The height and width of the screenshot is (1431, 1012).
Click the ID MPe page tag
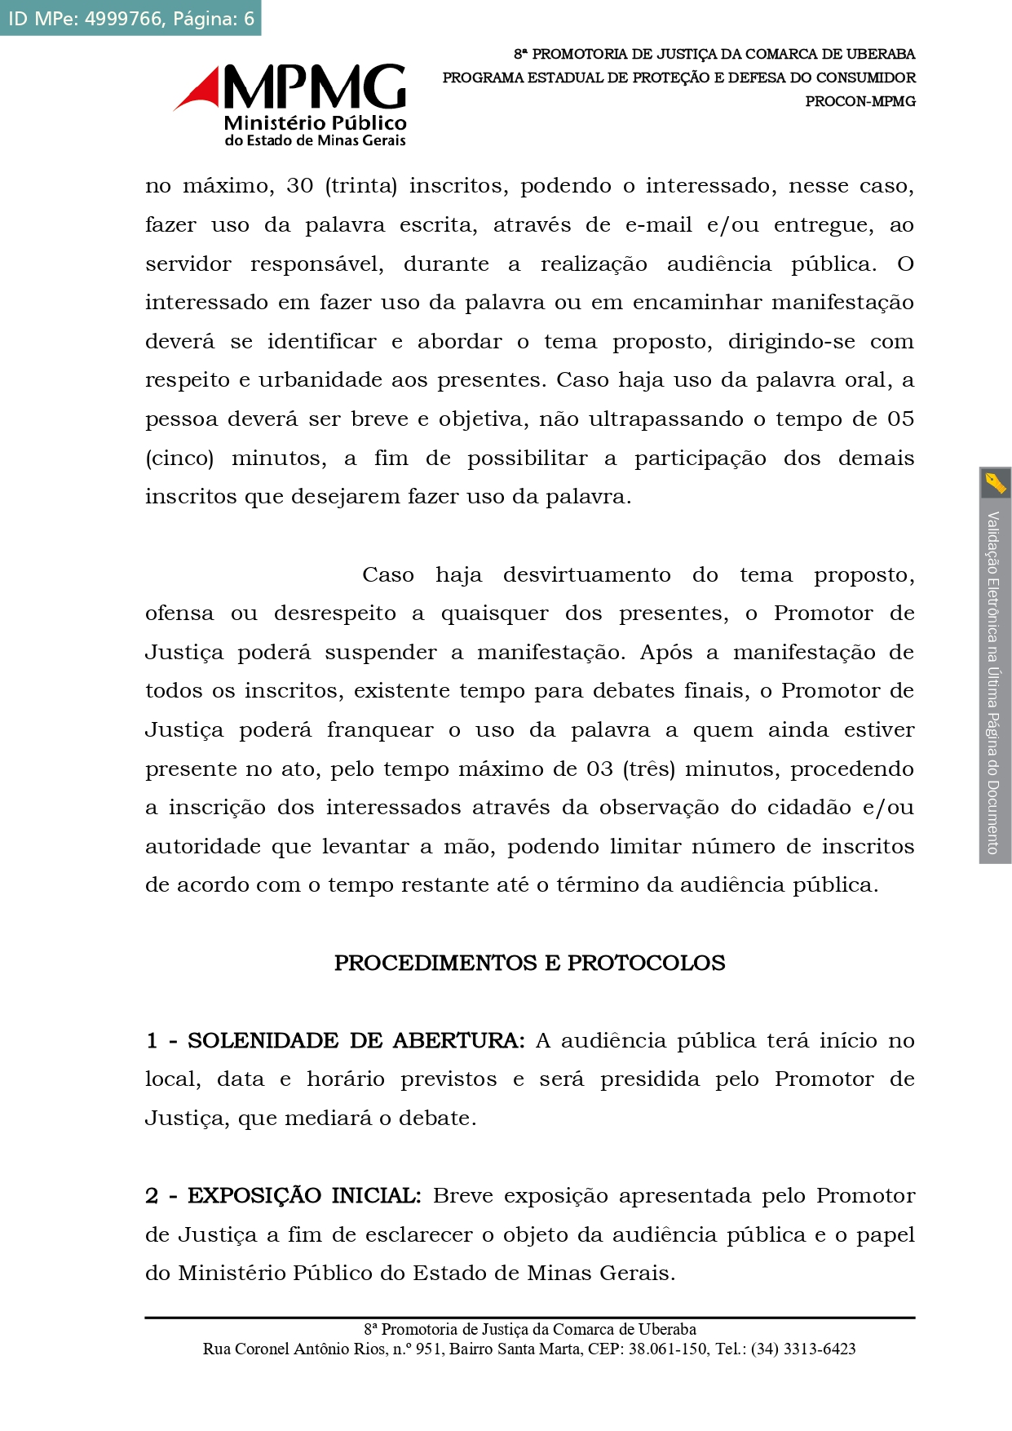click(130, 18)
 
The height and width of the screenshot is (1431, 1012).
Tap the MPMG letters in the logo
click(315, 86)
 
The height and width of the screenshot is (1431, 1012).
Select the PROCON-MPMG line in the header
click(860, 101)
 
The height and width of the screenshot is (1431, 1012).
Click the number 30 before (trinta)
click(299, 186)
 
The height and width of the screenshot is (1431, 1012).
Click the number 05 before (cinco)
click(900, 419)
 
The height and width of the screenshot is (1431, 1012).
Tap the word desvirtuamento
click(586, 575)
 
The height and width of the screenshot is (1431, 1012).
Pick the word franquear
click(380, 730)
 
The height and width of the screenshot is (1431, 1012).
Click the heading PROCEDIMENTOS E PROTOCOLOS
click(529, 964)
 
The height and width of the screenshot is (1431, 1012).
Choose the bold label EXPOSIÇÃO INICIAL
click(303, 1196)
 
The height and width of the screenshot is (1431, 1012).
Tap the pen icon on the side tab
click(995, 483)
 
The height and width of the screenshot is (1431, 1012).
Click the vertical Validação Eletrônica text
click(994, 681)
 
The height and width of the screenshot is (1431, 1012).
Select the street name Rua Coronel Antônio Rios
click(292, 1349)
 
